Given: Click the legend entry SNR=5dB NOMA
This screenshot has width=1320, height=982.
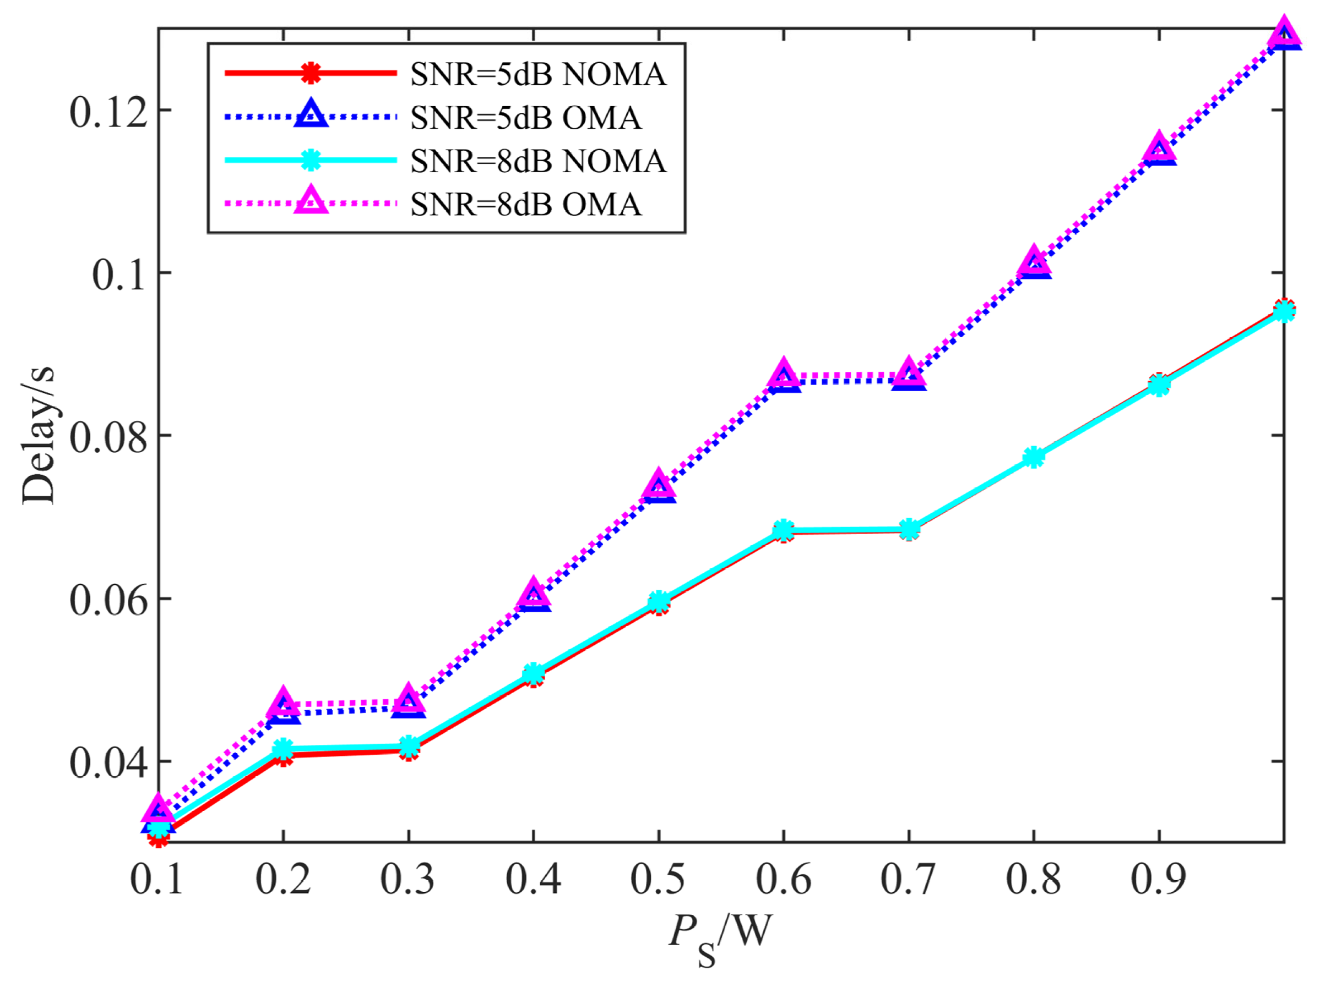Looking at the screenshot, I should (x=538, y=74).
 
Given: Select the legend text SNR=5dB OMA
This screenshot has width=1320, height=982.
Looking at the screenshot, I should (x=526, y=118).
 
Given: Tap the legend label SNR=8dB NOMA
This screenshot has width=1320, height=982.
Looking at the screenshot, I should (x=538, y=161).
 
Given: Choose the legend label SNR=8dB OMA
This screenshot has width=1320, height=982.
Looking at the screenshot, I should (x=526, y=205).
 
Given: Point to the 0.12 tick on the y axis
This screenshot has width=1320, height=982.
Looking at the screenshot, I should (x=108, y=111).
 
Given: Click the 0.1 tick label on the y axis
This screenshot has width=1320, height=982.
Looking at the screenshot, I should (x=119, y=274).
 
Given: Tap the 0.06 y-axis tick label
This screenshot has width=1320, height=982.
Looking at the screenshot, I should (x=108, y=600).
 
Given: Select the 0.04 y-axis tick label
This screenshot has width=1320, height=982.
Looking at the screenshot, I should (x=108, y=762).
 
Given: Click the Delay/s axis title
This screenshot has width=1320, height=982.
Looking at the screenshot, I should (x=38, y=436).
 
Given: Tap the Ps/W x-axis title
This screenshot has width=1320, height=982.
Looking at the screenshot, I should (x=720, y=935).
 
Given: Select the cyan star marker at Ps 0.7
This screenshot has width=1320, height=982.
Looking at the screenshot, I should (x=909, y=529).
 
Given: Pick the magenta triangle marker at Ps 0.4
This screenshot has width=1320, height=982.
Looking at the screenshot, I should (x=534, y=591).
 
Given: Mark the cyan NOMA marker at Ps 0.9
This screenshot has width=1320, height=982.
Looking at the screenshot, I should (x=1159, y=386).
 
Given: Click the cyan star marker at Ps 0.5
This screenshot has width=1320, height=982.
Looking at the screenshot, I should (x=659, y=601).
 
